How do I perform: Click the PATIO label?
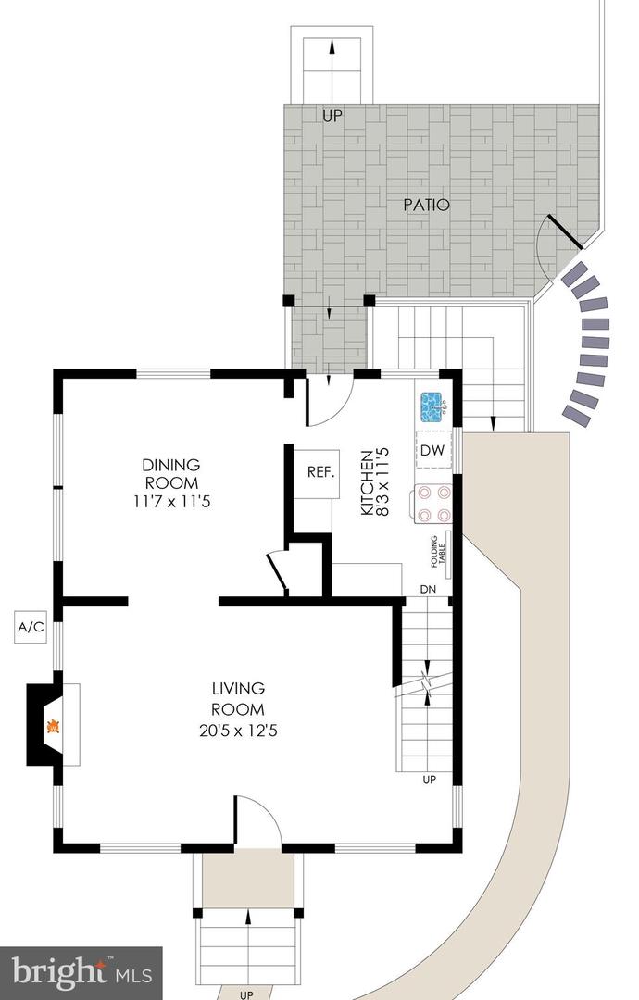click(x=427, y=205)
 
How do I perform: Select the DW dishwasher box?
click(x=432, y=450)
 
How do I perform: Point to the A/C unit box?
click(x=31, y=627)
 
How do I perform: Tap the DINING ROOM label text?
click(x=170, y=473)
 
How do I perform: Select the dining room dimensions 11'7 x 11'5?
click(x=170, y=502)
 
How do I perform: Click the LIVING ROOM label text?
click(x=238, y=699)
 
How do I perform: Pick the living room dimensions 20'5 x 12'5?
click(x=238, y=731)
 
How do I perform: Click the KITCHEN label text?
click(x=367, y=483)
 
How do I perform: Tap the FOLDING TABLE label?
click(x=433, y=556)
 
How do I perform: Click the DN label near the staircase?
click(x=428, y=589)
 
